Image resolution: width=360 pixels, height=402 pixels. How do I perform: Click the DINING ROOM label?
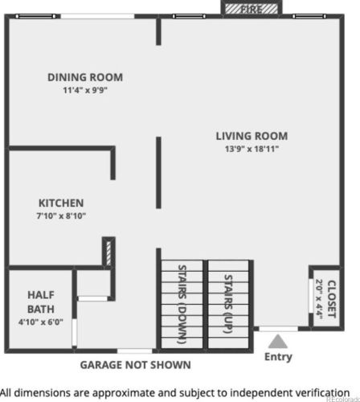(85, 77)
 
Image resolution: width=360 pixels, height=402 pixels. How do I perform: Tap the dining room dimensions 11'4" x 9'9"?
(85, 90)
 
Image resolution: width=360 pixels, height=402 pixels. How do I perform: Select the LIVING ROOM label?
(252, 136)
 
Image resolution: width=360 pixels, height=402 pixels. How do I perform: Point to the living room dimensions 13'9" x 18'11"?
(252, 149)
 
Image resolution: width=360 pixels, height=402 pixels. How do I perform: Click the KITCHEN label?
(61, 203)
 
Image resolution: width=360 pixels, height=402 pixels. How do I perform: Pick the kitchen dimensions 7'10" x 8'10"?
(61, 215)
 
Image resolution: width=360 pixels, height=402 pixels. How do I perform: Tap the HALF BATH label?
(41, 302)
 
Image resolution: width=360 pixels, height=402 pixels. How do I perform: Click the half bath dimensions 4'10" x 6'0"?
(41, 322)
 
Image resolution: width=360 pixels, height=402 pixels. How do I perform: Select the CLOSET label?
(332, 299)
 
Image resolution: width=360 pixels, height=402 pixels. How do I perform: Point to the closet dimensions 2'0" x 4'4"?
(319, 299)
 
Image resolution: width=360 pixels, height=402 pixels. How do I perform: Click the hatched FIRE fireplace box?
(252, 9)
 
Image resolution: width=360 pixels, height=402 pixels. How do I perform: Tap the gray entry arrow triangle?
(278, 341)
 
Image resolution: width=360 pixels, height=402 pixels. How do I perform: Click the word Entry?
(278, 357)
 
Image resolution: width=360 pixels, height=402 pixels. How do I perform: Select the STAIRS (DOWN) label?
(182, 305)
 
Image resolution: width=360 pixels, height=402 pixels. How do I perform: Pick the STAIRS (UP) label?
(228, 304)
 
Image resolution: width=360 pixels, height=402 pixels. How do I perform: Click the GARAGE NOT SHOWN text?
(136, 365)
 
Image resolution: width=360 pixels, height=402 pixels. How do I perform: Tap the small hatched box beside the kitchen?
(108, 253)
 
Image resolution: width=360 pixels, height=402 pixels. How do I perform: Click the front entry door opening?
(279, 329)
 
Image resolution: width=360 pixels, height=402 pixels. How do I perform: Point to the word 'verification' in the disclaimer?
(323, 393)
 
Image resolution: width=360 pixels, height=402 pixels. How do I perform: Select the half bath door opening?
(74, 332)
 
